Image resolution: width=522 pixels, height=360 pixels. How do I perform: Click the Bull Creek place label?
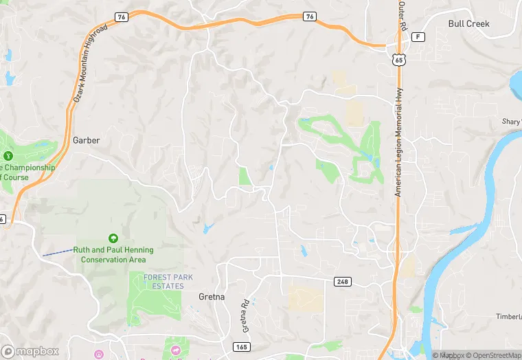pos(468,23)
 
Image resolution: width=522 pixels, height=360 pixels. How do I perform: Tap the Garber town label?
pos(86,140)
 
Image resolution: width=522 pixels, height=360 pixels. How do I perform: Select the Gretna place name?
pos(212,296)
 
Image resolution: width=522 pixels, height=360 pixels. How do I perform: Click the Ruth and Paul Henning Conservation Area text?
pos(113,255)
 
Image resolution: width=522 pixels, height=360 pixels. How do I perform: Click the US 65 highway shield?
pos(399,60)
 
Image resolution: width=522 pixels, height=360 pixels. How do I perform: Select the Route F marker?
pos(420,36)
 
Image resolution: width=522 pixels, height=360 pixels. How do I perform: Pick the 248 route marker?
pos(342,282)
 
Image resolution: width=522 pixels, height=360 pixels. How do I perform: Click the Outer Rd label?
pos(402,15)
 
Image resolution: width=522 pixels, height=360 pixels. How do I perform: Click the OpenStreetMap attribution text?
pos(493,355)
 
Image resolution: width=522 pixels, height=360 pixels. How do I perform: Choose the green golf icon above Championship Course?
pos(8,157)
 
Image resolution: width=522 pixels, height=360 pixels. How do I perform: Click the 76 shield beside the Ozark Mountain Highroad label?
pos(122,16)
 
